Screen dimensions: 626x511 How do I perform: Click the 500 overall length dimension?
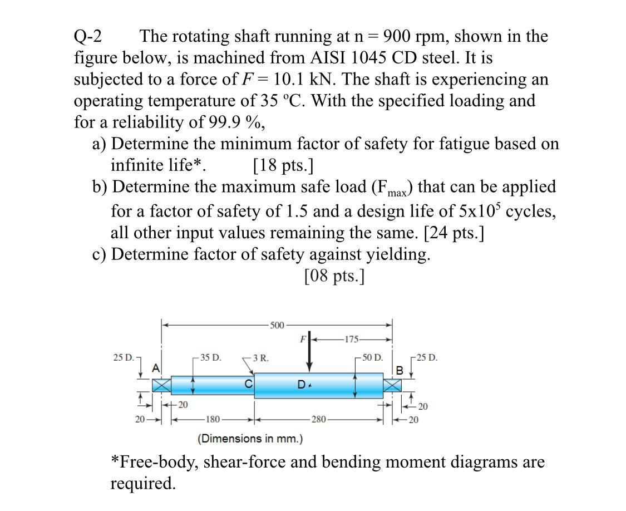277,325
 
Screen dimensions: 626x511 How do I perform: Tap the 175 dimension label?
351,339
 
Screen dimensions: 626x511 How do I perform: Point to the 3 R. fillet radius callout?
260,358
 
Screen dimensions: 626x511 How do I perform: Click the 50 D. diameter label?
372,357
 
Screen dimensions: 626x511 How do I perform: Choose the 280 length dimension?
318,419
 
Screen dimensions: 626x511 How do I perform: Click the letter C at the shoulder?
249,384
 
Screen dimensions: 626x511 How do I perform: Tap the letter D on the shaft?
301,384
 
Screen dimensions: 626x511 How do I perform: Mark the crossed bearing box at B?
392,385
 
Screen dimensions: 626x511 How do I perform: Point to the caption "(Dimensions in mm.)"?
250,439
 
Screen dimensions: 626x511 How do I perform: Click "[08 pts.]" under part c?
334,276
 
